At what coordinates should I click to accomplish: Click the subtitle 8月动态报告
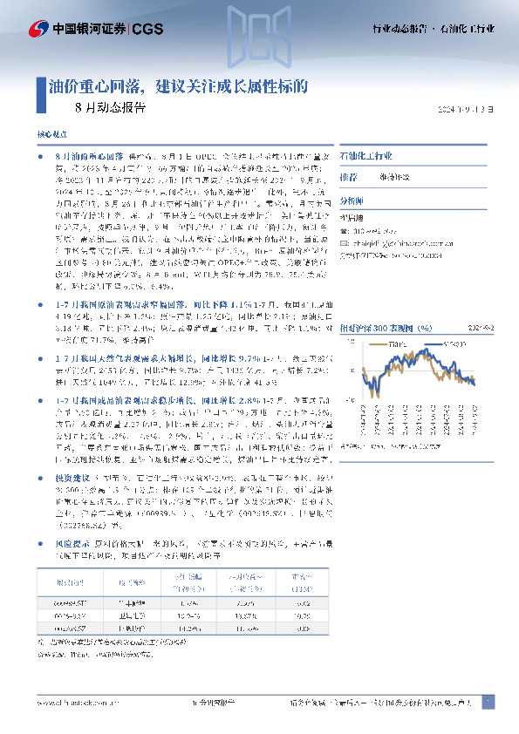click(111, 109)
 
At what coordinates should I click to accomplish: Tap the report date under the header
click(469, 110)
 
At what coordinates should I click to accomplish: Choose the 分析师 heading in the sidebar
click(352, 198)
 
